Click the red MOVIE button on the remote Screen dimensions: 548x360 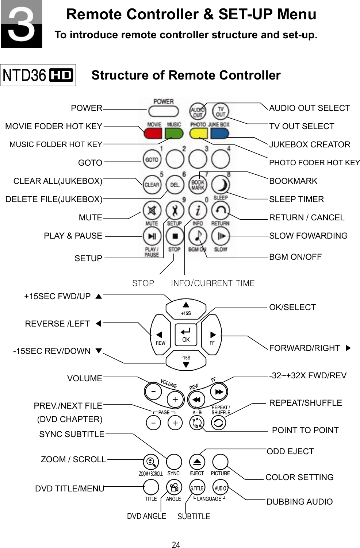click(153, 133)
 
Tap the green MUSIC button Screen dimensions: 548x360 click(174, 133)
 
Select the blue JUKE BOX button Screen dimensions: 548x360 click(219, 133)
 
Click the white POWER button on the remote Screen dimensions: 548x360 click(163, 111)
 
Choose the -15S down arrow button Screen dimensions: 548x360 click(186, 361)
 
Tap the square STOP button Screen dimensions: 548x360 click(175, 236)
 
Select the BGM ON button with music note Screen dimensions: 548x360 click(198, 236)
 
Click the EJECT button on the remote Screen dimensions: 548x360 click(197, 462)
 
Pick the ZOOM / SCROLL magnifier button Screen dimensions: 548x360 click(151, 462)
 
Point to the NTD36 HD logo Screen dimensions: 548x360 click(38, 75)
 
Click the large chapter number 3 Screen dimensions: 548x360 click(21, 24)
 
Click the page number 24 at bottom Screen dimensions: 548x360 click(176, 545)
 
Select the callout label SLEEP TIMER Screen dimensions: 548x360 click(296, 199)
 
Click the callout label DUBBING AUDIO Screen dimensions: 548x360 click(299, 502)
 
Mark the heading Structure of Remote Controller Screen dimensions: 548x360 click(186, 75)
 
